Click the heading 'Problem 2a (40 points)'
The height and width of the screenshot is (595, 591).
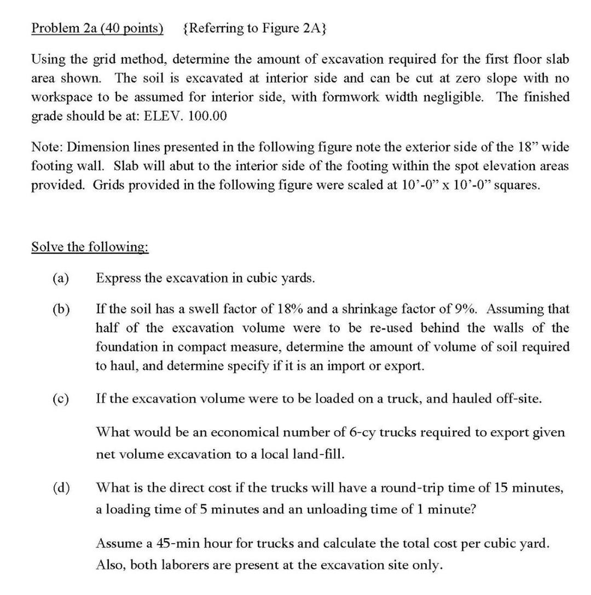tap(97, 28)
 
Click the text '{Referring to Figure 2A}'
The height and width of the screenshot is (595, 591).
tap(253, 28)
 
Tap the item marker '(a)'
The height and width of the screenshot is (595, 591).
tap(60, 278)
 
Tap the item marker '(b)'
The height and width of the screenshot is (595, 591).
tap(60, 309)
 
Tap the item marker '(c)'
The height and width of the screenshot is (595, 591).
tap(60, 398)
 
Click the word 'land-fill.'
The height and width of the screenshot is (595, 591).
tap(322, 454)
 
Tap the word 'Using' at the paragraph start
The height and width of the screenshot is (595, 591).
tap(46, 59)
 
